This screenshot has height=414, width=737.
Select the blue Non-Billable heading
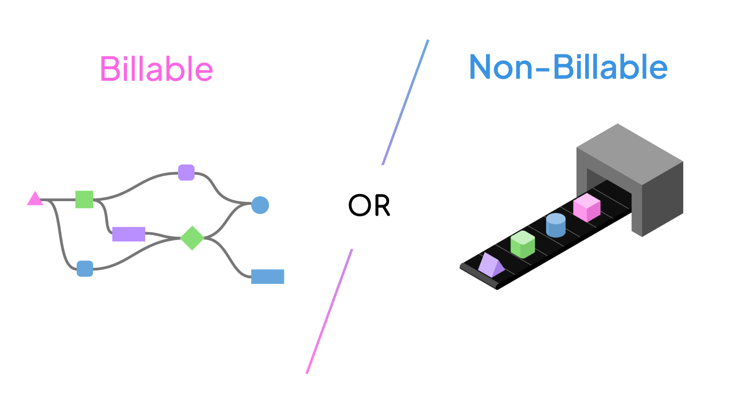(568, 67)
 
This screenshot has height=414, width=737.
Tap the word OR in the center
(369, 205)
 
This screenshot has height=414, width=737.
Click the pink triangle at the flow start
(35, 199)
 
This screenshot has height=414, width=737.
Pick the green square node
(84, 200)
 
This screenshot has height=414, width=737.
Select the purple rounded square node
(186, 173)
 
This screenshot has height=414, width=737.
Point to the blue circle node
(260, 205)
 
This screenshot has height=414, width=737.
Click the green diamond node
(193, 238)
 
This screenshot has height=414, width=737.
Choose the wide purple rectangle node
(129, 234)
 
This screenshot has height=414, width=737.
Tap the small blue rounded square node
(85, 269)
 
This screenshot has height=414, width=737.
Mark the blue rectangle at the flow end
(268, 276)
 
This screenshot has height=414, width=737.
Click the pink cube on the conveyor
(587, 207)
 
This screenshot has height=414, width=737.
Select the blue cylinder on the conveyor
(556, 225)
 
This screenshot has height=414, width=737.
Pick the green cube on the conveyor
(523, 244)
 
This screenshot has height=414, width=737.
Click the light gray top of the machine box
(630, 152)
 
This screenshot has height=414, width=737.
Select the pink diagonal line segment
(329, 311)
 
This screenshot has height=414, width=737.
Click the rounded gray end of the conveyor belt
(463, 266)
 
